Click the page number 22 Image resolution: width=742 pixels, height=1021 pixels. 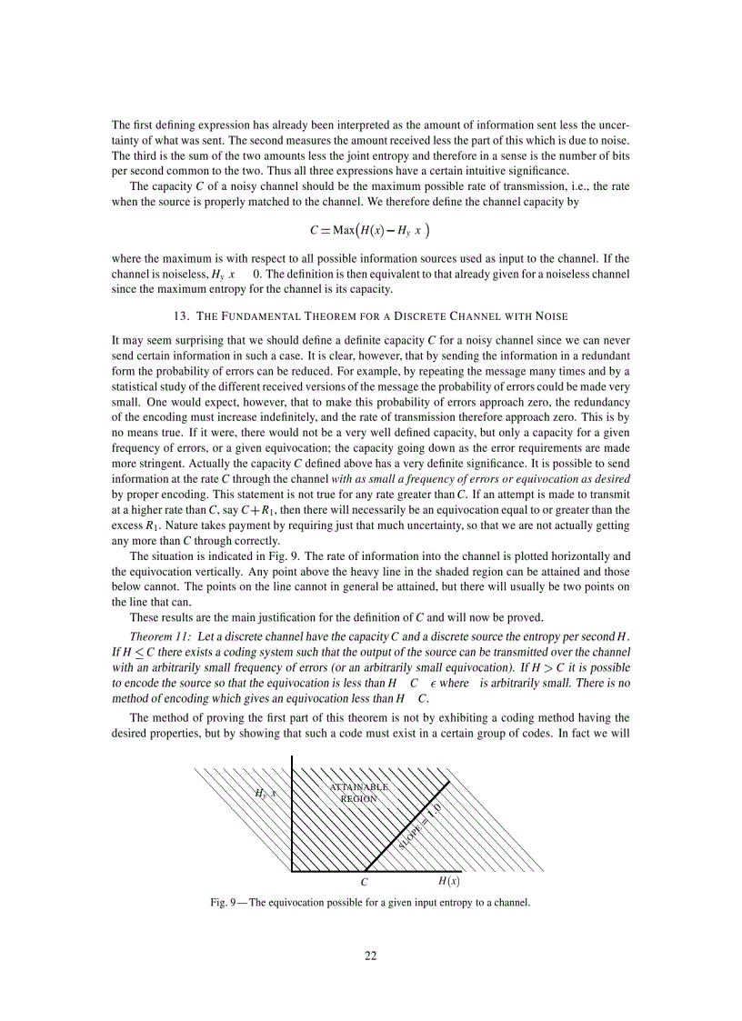pos(370,955)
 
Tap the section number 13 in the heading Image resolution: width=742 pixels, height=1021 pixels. pos(178,315)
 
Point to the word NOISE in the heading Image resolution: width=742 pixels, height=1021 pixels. pos(548,315)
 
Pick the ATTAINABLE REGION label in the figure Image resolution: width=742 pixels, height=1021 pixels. pos(358,792)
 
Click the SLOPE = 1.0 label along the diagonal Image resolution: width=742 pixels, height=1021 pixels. pos(420,826)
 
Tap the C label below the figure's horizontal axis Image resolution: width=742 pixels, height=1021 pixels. pos(365,881)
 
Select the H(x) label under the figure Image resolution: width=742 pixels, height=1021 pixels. pos(448,880)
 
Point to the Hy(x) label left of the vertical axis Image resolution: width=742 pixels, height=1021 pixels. pos(265,794)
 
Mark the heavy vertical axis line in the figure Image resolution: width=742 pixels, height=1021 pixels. pos(292,814)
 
